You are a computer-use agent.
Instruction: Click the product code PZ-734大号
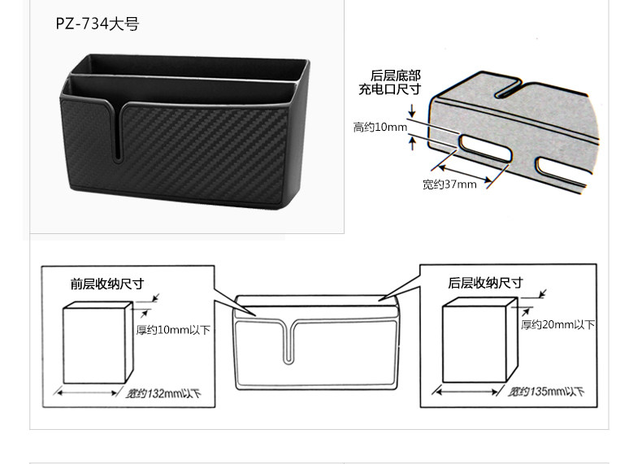pyautogui.click(x=98, y=24)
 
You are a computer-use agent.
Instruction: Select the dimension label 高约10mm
pyautogui.click(x=380, y=127)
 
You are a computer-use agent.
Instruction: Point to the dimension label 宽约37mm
pyautogui.click(x=449, y=184)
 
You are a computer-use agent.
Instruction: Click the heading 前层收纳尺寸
pyautogui.click(x=106, y=284)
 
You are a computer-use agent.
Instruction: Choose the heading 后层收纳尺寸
pyautogui.click(x=485, y=283)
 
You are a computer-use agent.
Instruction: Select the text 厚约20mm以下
pyautogui.click(x=557, y=325)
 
